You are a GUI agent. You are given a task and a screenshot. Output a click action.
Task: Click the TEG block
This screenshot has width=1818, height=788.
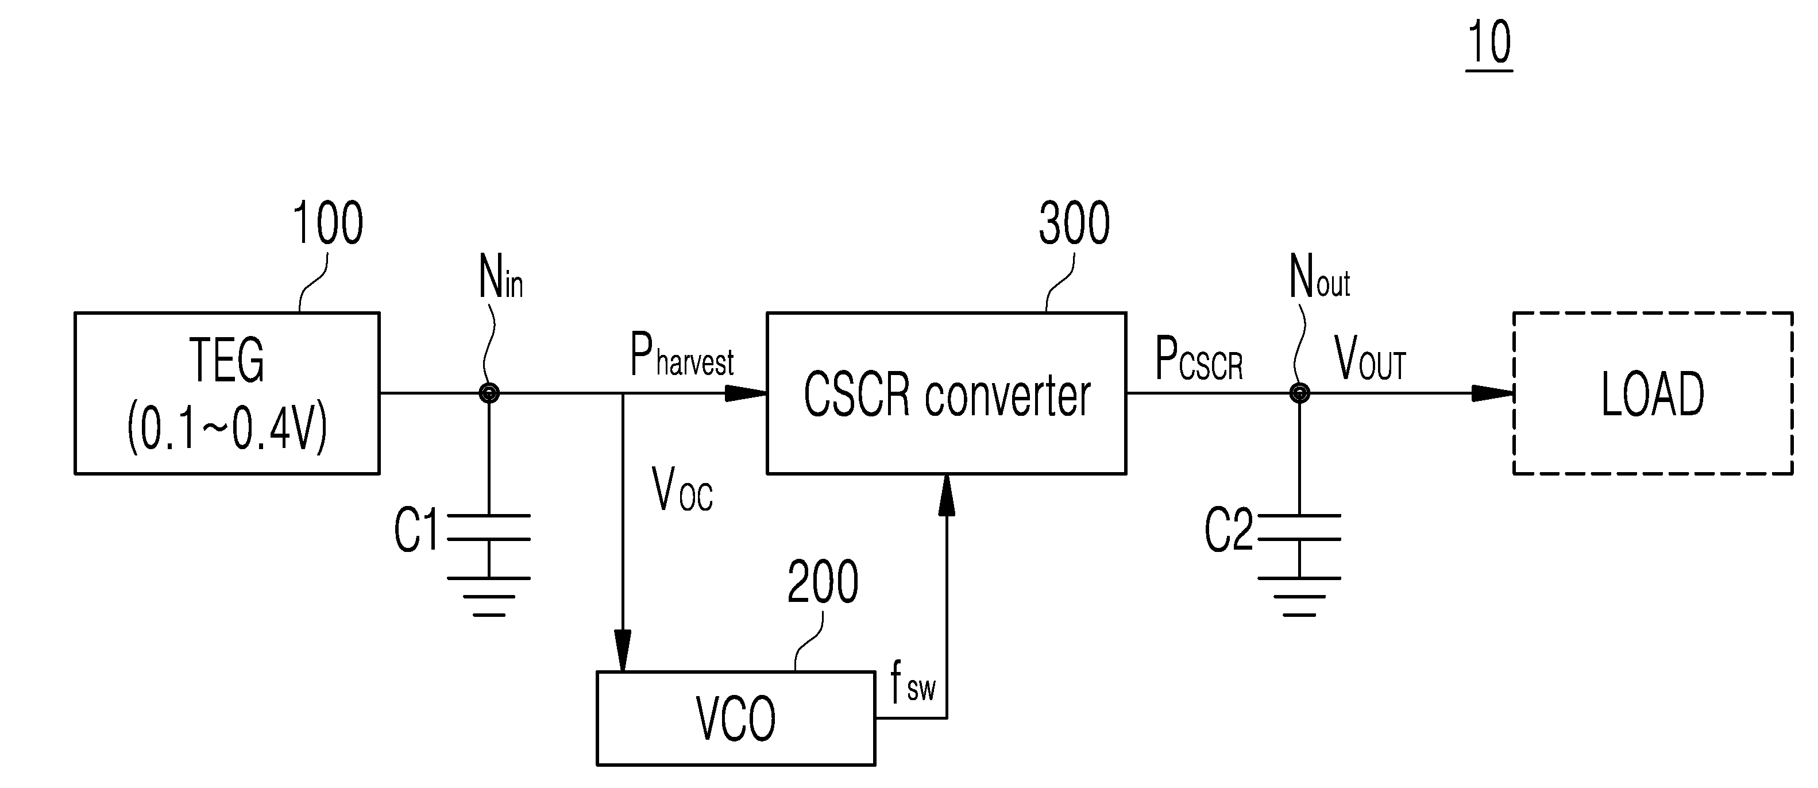tap(227, 393)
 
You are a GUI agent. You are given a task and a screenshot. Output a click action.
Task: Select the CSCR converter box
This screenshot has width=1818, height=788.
tap(947, 393)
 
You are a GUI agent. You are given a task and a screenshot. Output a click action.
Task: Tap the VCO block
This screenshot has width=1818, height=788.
tap(736, 718)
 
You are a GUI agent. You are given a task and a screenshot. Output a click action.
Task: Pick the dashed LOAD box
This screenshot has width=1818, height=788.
tap(1653, 393)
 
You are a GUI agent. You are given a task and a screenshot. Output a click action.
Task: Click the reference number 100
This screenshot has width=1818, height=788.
tap(328, 223)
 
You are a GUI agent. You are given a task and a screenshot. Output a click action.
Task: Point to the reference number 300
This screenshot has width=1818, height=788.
tap(1074, 223)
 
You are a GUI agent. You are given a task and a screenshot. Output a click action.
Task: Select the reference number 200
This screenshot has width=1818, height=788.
tap(823, 581)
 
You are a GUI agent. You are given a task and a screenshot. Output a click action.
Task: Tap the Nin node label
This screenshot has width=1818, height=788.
tap(500, 276)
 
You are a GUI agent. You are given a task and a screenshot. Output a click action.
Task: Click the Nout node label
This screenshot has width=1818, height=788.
tap(1319, 276)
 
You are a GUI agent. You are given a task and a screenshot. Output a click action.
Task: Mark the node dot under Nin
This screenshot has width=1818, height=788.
tap(489, 393)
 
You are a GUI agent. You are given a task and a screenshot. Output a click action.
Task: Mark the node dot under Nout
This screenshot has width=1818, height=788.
tap(1299, 393)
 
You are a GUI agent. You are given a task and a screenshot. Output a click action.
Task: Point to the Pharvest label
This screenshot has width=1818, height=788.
tap(682, 356)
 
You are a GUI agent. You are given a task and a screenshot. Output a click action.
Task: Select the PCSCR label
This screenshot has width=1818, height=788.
tap(1199, 359)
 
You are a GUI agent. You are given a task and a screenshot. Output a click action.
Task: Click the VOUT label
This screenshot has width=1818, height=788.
tap(1370, 359)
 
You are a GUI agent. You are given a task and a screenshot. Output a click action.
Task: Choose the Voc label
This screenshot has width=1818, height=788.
tap(682, 489)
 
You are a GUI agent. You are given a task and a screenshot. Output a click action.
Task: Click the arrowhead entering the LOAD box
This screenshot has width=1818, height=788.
tap(1492, 393)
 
